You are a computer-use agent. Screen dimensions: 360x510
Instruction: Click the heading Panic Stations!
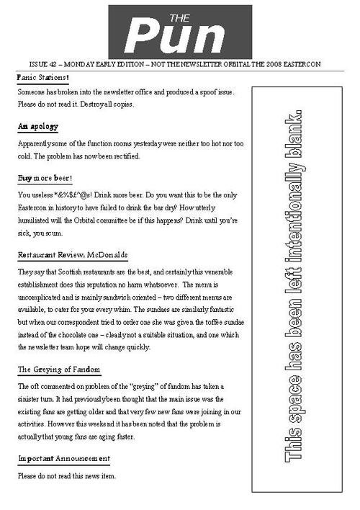coord(43,77)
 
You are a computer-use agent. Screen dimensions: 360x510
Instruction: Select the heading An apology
coord(37,127)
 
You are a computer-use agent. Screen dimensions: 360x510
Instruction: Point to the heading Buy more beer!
coord(45,177)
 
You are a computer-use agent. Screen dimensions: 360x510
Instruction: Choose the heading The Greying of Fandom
coord(58,370)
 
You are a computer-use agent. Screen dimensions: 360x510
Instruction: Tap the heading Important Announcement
coord(63,459)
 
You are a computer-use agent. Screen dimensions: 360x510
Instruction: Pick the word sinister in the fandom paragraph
coord(35,399)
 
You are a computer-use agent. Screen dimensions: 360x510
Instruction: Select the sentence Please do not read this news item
coord(66,476)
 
